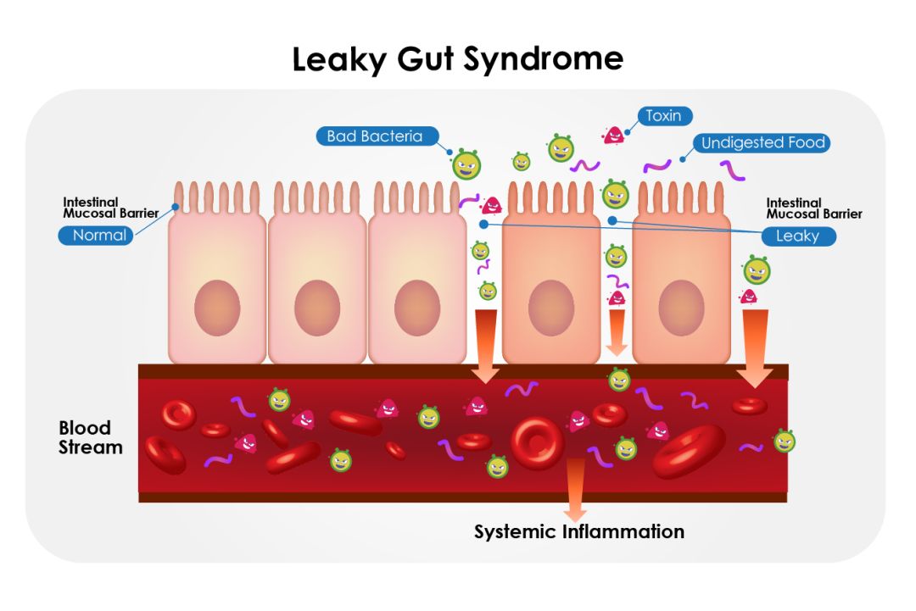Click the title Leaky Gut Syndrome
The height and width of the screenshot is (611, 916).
457,59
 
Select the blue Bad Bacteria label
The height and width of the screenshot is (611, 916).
374,136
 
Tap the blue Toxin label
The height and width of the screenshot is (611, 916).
663,115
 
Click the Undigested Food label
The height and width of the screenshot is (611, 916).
762,142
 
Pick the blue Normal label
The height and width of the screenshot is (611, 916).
99,235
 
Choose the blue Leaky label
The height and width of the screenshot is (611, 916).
797,236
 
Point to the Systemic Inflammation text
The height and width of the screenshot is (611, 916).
578,532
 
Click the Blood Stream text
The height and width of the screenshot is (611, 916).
90,437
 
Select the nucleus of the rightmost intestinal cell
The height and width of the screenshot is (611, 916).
681,307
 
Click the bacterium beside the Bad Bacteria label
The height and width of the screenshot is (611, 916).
466,163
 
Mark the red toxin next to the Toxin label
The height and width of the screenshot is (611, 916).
613,134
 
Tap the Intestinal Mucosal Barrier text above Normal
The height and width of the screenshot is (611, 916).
110,208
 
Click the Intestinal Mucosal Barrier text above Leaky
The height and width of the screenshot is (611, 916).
813,208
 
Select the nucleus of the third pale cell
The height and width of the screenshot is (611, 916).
417,307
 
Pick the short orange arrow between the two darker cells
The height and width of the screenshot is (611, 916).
617,331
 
